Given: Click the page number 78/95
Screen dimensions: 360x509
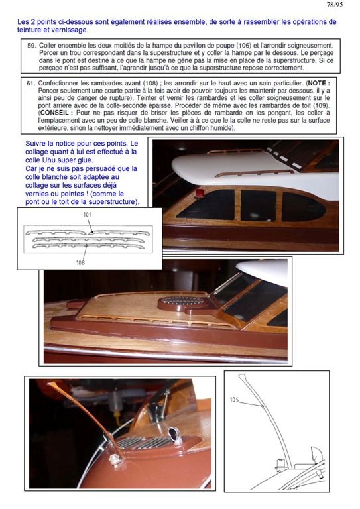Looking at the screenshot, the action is coord(334,5).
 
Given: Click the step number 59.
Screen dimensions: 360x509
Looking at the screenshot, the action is coord(31,46).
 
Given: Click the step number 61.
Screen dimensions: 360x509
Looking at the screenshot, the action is coord(30,83).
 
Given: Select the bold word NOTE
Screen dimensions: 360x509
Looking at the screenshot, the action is coord(319,83).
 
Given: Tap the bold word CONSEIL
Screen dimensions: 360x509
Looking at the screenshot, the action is coord(55,113).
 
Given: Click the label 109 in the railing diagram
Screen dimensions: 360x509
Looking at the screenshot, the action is coord(88,214).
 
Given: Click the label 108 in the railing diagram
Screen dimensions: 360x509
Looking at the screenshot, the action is coord(80,262).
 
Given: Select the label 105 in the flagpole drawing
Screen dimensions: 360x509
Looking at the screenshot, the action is coord(235,400).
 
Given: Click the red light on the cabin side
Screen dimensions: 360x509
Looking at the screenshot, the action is coord(200,194).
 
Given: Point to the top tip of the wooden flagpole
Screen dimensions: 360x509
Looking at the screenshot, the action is coord(50,384).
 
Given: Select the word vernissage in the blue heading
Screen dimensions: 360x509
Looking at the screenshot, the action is coord(72,30).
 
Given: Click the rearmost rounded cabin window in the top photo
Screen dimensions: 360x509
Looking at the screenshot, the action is coord(303,207).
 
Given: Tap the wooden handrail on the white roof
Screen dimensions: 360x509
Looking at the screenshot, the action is coord(255,174).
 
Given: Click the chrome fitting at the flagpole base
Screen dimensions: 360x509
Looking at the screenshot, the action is coord(114,459).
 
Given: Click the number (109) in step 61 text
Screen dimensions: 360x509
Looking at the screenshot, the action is coord(322,105).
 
